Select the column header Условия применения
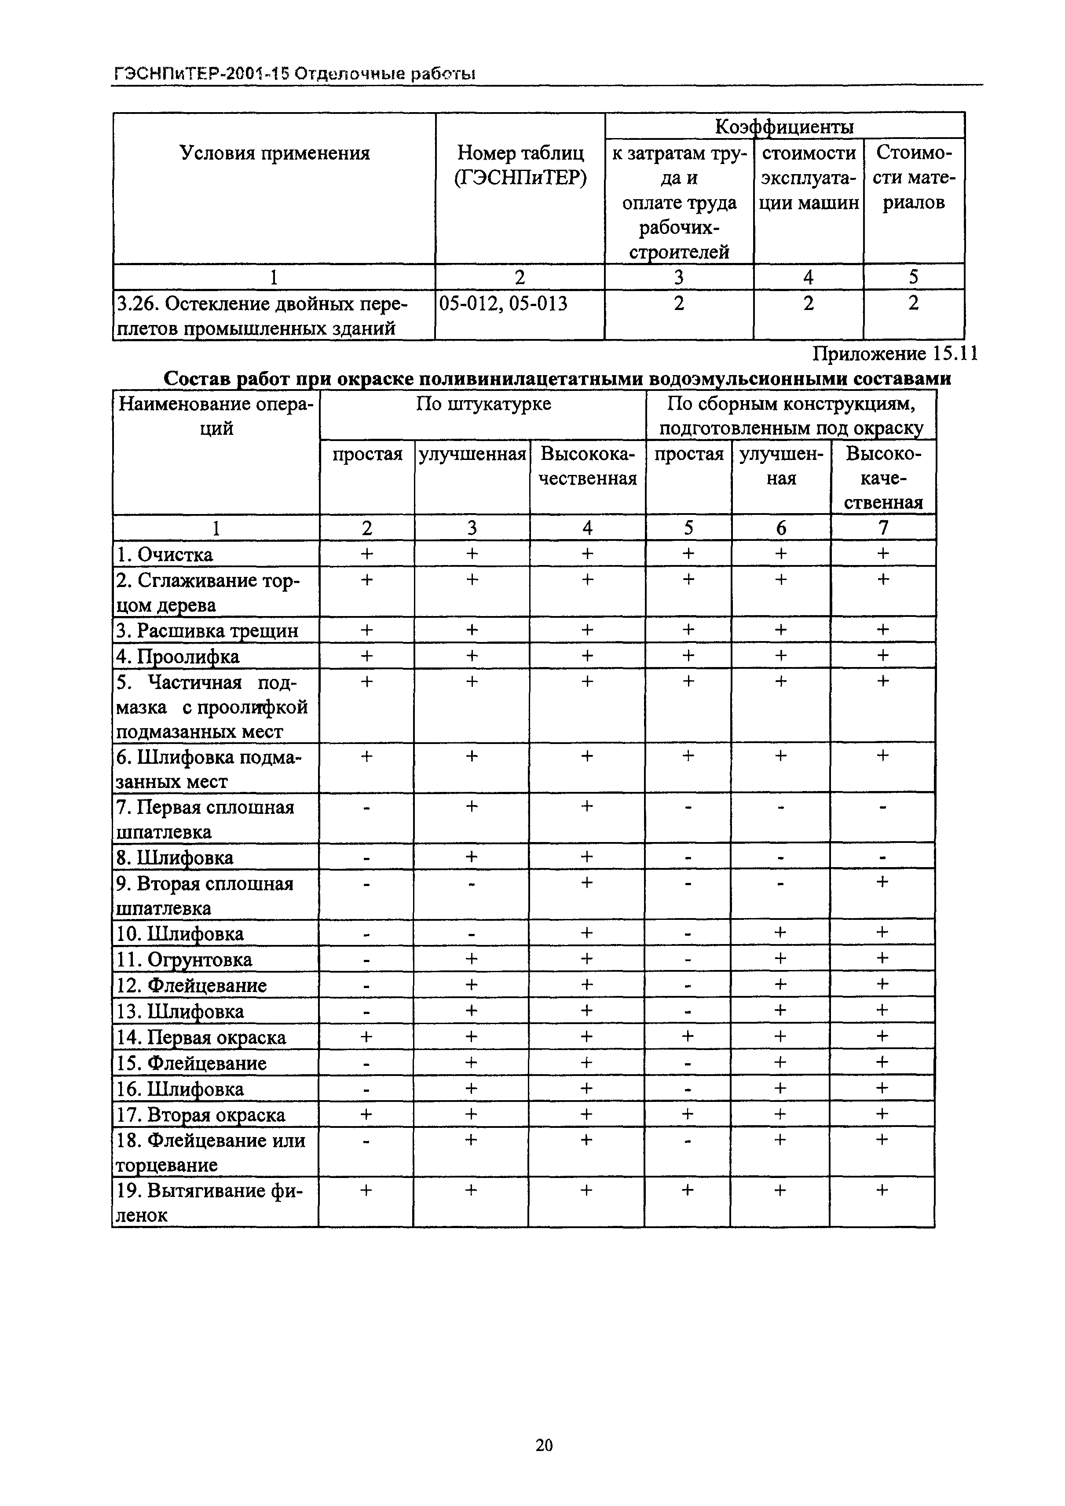click(x=274, y=153)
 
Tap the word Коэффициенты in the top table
click(x=784, y=126)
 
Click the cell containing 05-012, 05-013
click(x=503, y=304)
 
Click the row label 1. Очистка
click(x=165, y=555)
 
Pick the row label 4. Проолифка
click(x=178, y=656)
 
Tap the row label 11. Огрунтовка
click(x=184, y=959)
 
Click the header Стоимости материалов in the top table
click(x=913, y=178)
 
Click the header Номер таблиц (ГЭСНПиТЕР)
click(x=520, y=165)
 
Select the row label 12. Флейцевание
click(x=191, y=986)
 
